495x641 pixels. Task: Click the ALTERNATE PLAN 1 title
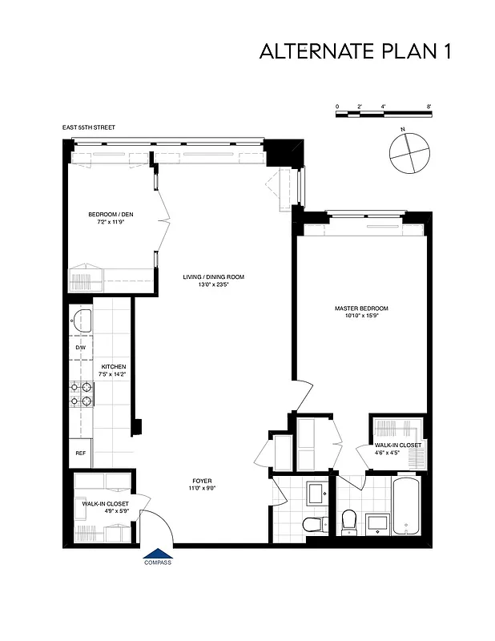pyautogui.click(x=356, y=52)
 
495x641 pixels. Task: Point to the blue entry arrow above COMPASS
pyautogui.click(x=158, y=553)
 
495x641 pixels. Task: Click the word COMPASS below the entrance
pyautogui.click(x=158, y=562)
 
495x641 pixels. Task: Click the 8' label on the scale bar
pyautogui.click(x=430, y=107)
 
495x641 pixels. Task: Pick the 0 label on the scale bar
pyautogui.click(x=337, y=107)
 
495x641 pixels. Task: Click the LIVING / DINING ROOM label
pyautogui.click(x=213, y=277)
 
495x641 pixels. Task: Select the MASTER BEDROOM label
pyautogui.click(x=361, y=308)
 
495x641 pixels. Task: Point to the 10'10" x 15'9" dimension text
pyautogui.click(x=361, y=316)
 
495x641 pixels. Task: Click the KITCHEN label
pyautogui.click(x=113, y=366)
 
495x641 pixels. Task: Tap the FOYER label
pyautogui.click(x=203, y=481)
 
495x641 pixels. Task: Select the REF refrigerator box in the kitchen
pyautogui.click(x=80, y=453)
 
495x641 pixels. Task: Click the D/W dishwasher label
pyautogui.click(x=80, y=348)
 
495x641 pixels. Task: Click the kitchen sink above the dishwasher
pyautogui.click(x=81, y=321)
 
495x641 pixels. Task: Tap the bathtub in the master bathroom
pyautogui.click(x=411, y=506)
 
